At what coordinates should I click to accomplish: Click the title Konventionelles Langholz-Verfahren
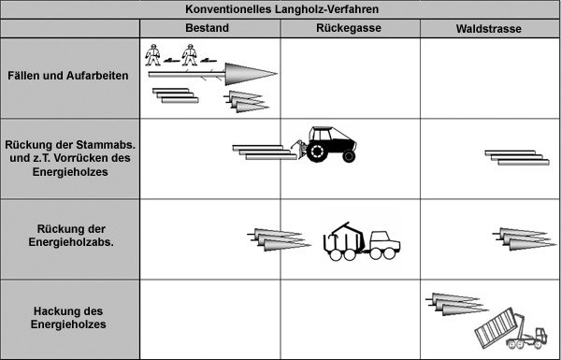coord(282,9)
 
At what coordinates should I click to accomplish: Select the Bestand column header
coord(208,28)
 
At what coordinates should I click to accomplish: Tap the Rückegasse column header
coord(349,28)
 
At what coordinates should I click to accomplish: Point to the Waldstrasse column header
coord(489,29)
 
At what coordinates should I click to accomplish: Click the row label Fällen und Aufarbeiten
coord(68,76)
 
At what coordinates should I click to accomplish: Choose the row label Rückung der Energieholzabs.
coord(71,236)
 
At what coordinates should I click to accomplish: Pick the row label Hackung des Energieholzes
coord(68,318)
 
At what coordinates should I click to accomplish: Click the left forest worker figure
coord(152,55)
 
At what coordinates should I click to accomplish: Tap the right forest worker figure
coord(189,55)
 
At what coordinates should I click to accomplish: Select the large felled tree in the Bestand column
coord(213,74)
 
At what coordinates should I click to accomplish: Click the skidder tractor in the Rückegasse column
coord(324,144)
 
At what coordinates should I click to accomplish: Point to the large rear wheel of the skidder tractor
coord(317,151)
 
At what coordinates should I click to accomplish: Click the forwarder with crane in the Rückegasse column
coord(362,241)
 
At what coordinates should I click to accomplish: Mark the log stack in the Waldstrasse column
coord(517,157)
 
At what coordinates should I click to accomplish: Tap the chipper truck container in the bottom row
coord(496,326)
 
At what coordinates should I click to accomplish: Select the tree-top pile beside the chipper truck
coord(457,304)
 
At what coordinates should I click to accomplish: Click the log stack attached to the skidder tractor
coord(265,152)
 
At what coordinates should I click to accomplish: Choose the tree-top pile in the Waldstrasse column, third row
coord(525,238)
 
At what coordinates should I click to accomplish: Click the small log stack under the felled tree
coord(176,95)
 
